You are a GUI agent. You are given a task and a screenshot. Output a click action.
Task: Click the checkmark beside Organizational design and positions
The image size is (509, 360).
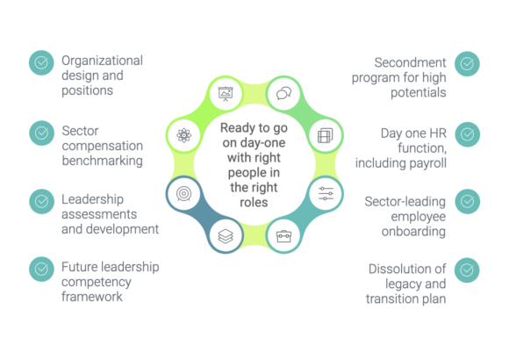[x=41, y=62]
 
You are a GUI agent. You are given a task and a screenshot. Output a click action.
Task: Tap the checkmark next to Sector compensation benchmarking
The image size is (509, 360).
[x=41, y=133]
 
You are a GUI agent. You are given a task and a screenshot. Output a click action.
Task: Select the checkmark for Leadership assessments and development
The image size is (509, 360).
[x=41, y=201]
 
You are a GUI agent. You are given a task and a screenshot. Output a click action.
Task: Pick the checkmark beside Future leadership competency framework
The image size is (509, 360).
[x=41, y=269]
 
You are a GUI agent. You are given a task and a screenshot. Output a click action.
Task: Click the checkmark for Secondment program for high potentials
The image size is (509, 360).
[x=467, y=64]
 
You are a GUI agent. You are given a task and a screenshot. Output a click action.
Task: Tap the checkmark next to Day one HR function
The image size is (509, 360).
[x=468, y=134]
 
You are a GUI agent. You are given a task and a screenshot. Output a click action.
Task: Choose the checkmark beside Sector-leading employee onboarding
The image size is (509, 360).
[x=468, y=201]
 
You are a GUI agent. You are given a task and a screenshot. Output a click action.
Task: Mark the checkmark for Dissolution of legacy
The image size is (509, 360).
[x=467, y=270]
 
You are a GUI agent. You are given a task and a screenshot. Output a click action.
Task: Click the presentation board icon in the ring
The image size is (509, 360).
[x=226, y=94]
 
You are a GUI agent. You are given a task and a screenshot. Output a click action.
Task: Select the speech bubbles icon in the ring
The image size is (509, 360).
[x=283, y=94]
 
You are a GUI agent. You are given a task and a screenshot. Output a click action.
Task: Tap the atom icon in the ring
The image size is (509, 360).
[x=183, y=135]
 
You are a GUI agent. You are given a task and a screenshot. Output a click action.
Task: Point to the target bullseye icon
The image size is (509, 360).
[x=183, y=194]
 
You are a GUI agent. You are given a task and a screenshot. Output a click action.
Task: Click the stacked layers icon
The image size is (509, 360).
[x=226, y=236]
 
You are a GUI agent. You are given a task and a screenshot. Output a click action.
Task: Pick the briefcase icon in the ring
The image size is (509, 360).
[x=283, y=236]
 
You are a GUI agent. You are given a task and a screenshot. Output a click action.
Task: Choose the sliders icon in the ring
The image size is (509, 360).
[x=326, y=194]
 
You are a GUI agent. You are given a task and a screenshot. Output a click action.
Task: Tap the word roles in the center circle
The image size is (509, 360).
[x=254, y=203]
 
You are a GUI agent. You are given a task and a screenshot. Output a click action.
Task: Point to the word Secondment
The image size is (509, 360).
[x=410, y=62]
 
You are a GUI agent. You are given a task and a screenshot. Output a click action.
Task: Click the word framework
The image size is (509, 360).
[x=92, y=297]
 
